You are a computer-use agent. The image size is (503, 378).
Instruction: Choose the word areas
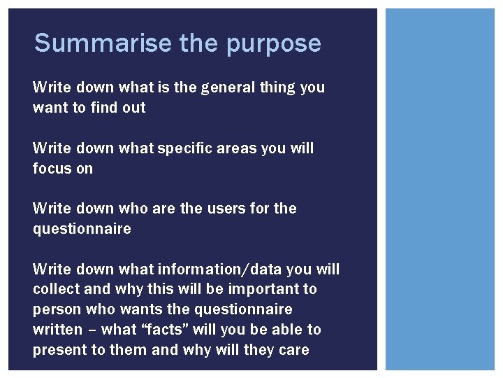(x=233, y=148)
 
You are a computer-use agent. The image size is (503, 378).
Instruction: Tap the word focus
(x=51, y=168)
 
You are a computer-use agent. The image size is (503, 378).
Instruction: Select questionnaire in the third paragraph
(x=82, y=228)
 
